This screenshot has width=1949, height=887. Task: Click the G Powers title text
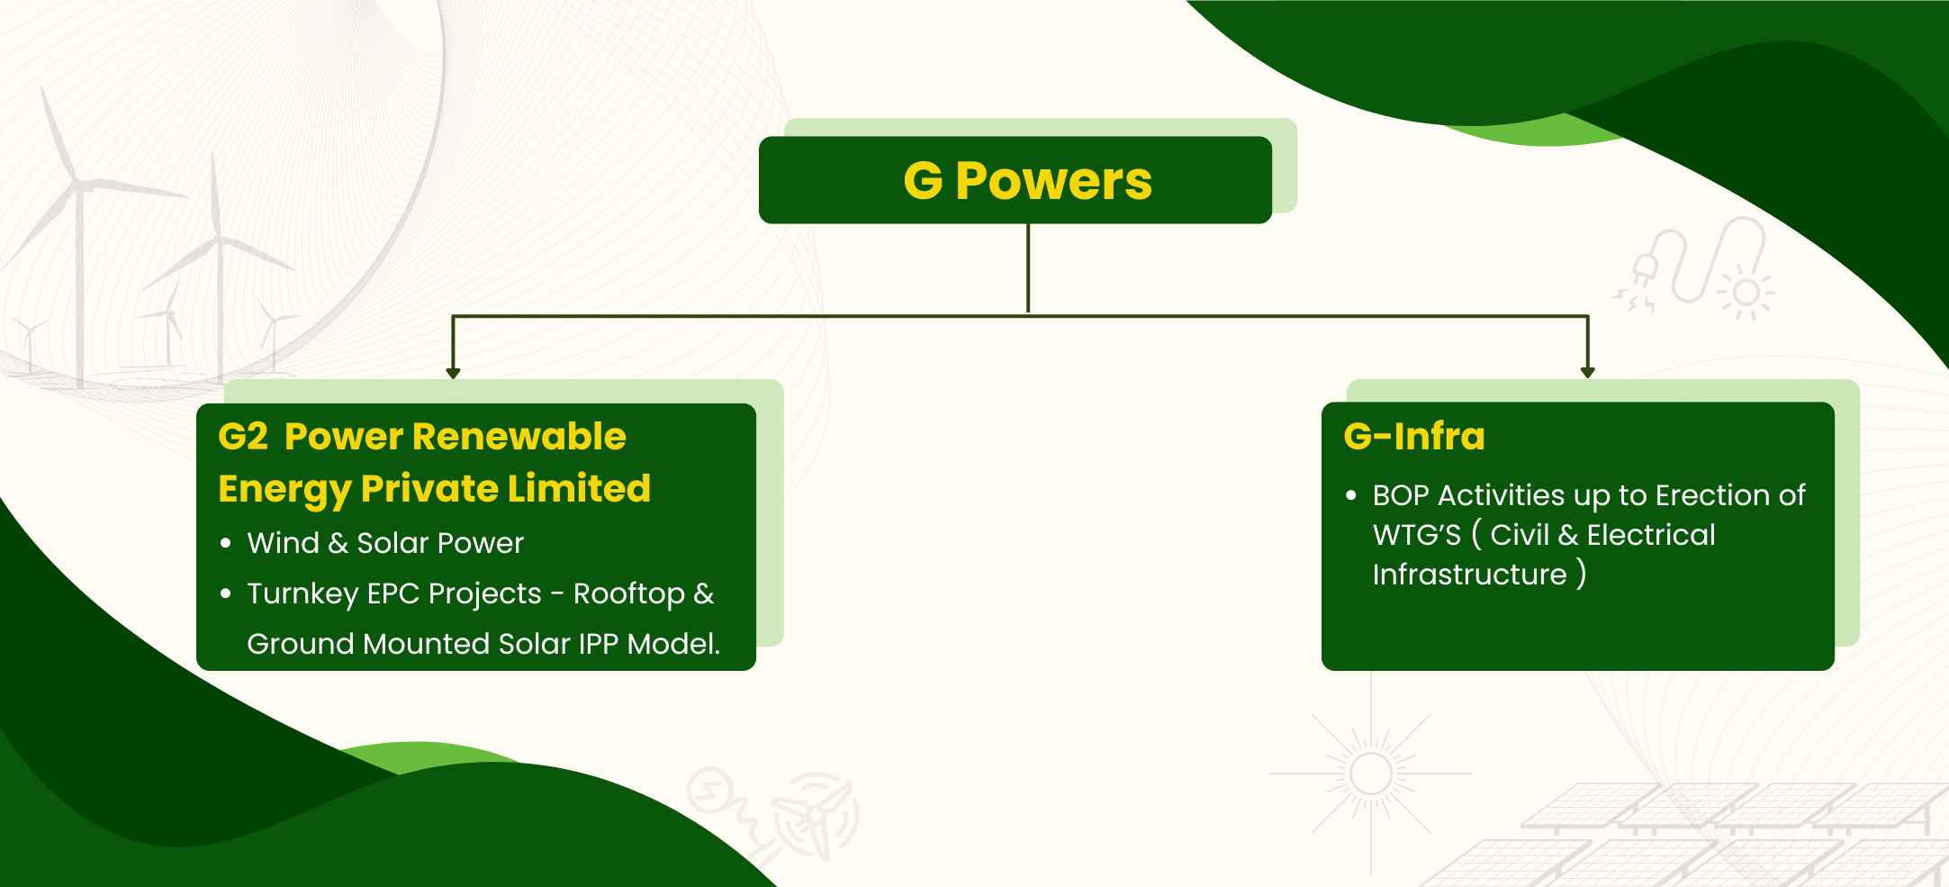click(1027, 181)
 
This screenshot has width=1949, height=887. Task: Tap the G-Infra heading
click(1413, 436)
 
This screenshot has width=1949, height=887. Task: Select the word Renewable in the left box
click(519, 437)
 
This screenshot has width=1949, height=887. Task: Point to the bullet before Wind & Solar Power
click(226, 543)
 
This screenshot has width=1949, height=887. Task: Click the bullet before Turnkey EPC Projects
click(226, 593)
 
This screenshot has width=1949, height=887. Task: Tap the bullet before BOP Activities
click(1350, 495)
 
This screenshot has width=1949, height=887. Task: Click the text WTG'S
click(1417, 535)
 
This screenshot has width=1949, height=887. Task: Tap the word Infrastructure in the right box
click(1469, 575)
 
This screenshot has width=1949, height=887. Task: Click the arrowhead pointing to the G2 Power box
click(453, 373)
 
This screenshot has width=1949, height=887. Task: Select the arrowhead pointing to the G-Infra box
click(1587, 373)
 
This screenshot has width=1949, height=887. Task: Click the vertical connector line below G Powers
click(1028, 268)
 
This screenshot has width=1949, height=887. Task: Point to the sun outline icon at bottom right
click(1371, 774)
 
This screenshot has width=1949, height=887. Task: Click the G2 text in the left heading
click(243, 437)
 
